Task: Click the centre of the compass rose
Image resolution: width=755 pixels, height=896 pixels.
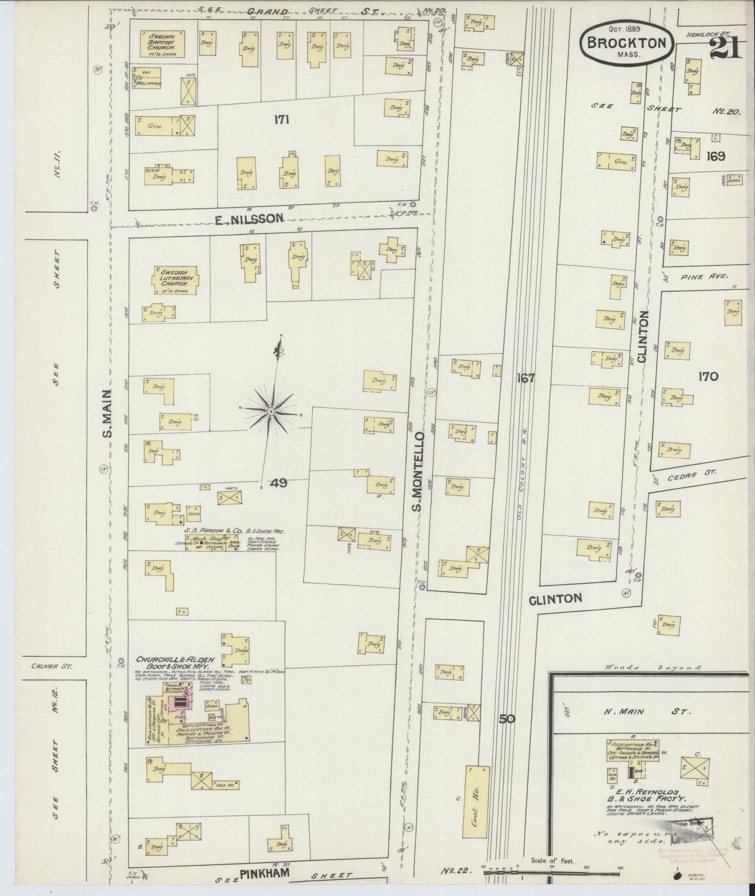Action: coord(271,412)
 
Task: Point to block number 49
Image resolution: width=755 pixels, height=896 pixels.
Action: coord(278,484)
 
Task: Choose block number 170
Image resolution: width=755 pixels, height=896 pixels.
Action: coord(707,376)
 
